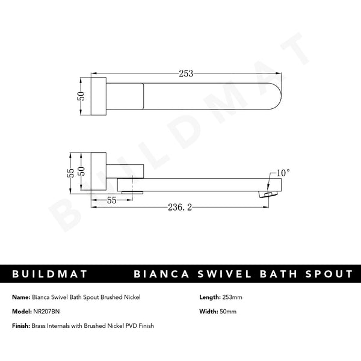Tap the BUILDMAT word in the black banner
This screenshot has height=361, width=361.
(51, 274)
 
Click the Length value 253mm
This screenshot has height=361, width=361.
(233, 297)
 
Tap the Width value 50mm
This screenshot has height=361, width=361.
(230, 311)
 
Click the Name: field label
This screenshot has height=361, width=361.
(20, 297)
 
